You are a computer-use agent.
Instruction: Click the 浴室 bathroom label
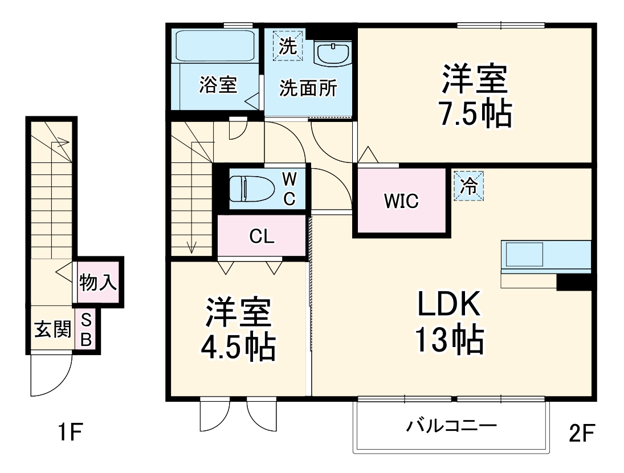pyautogui.click(x=218, y=85)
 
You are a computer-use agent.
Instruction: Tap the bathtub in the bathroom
pyautogui.click(x=214, y=46)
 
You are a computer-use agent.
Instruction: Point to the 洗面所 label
pyautogui.click(x=307, y=88)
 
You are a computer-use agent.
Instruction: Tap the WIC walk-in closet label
pyautogui.click(x=401, y=201)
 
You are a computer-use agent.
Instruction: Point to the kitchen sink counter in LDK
pyautogui.click(x=545, y=255)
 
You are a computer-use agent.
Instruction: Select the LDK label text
pyautogui.click(x=450, y=304)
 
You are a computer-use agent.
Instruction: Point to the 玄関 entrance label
pyautogui.click(x=52, y=329)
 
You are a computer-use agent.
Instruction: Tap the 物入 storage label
pyautogui.click(x=99, y=283)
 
